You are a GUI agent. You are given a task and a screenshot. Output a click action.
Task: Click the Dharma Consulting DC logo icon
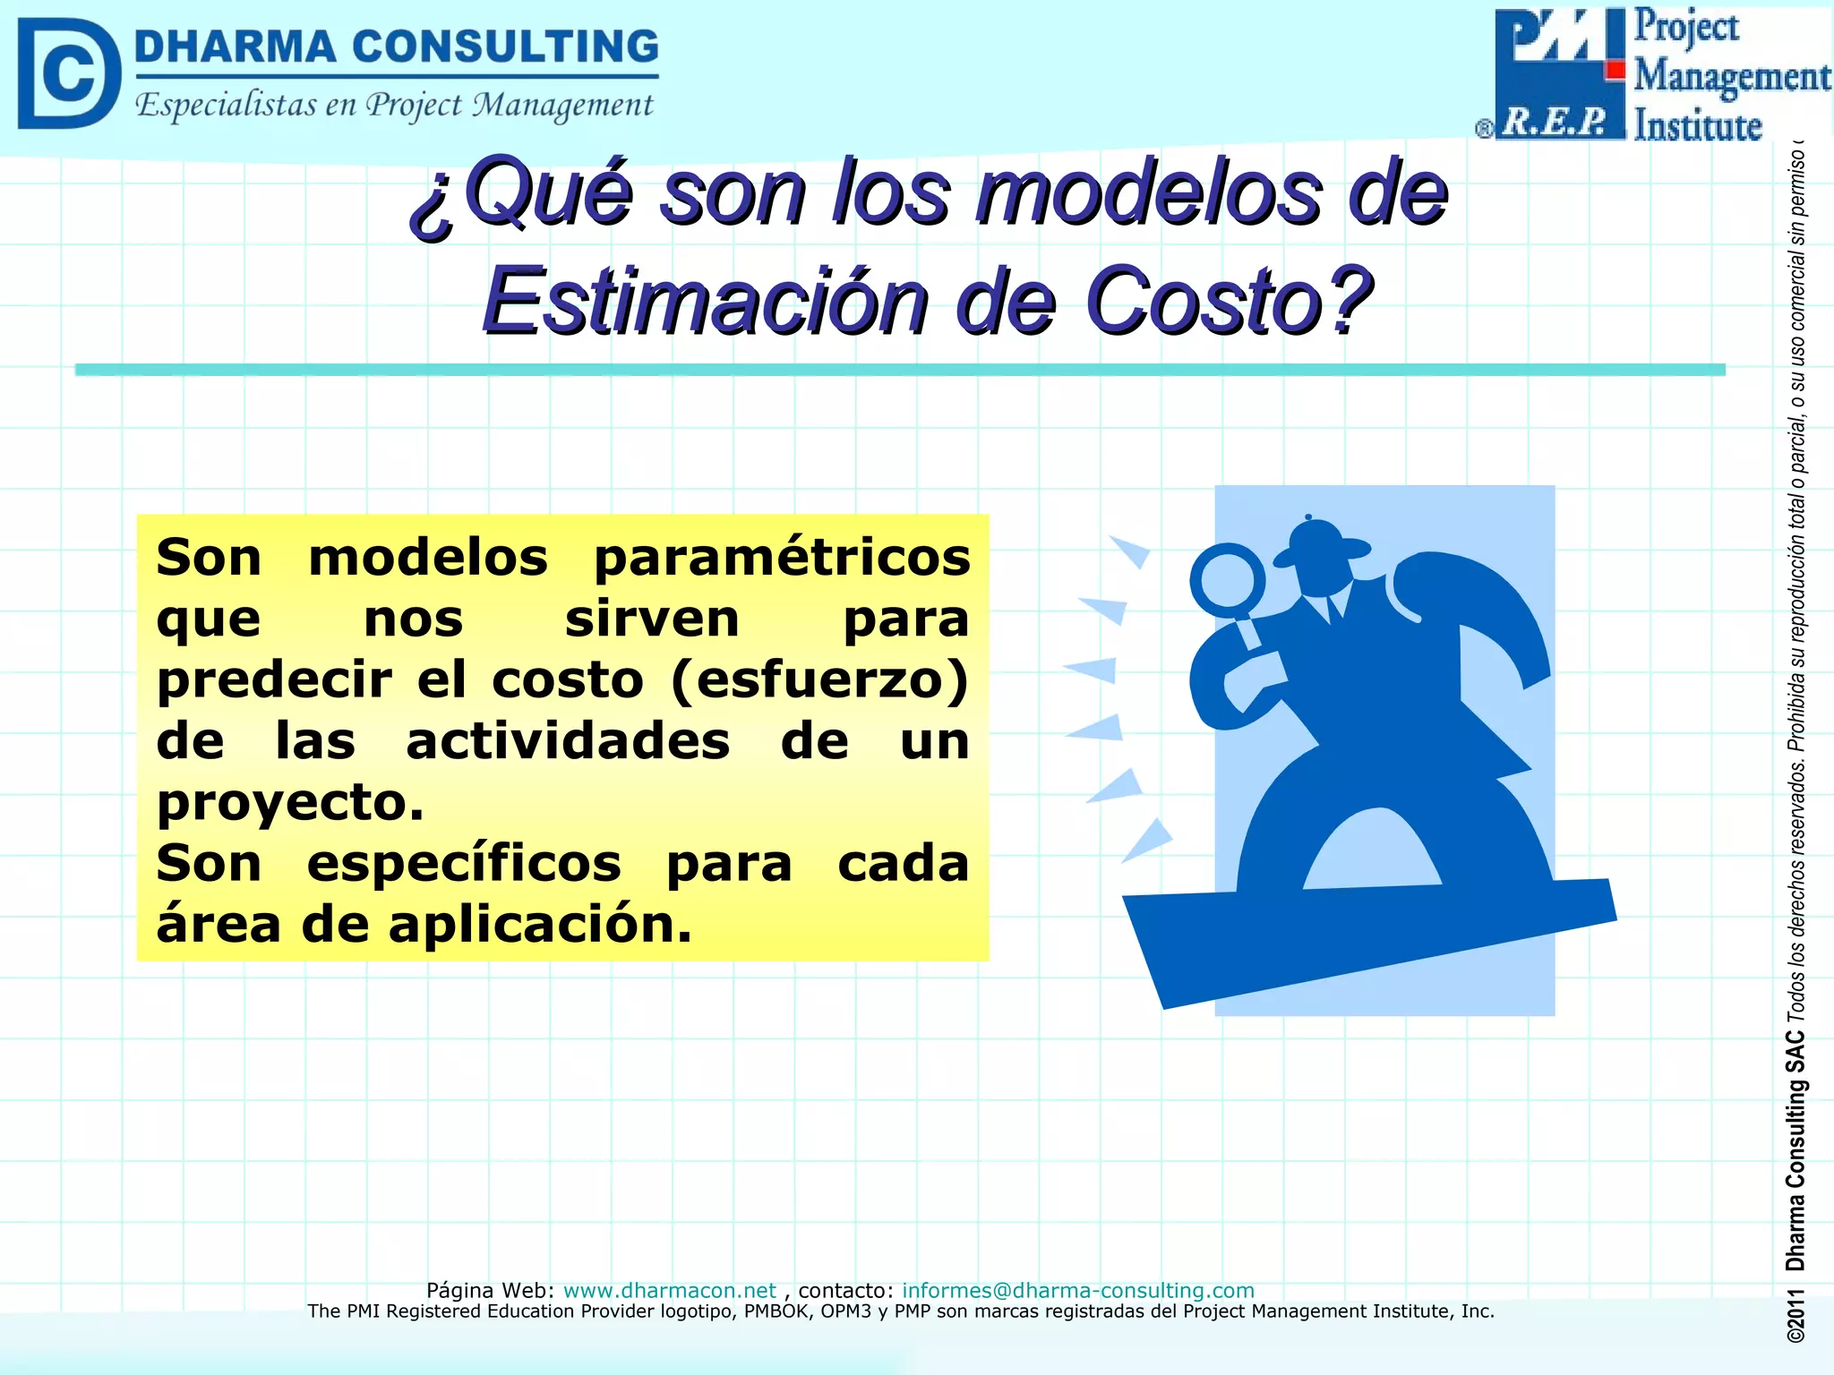coord(68,73)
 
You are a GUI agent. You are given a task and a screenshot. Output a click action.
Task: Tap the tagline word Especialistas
coord(226,106)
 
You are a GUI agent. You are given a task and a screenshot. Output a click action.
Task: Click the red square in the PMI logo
coord(1615,70)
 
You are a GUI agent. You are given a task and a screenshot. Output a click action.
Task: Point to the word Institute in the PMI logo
coord(1697,126)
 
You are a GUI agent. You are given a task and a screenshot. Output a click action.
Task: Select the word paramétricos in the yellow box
coord(782,558)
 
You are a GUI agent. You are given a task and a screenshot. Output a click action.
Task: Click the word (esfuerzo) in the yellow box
coord(819,679)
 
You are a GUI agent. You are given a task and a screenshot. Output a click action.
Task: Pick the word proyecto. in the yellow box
coord(289,802)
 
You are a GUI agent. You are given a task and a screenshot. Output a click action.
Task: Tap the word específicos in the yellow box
coord(464,863)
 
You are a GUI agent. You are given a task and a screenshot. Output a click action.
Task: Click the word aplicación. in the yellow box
coord(540,924)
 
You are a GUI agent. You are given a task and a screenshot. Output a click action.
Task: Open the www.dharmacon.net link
coord(669,1290)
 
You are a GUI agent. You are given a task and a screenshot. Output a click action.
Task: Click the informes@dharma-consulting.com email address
coord(1077,1290)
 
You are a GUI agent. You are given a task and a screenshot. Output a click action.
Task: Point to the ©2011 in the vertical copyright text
coord(1795,1316)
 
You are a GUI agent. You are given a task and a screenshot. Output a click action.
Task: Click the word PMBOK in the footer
coord(772,1311)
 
